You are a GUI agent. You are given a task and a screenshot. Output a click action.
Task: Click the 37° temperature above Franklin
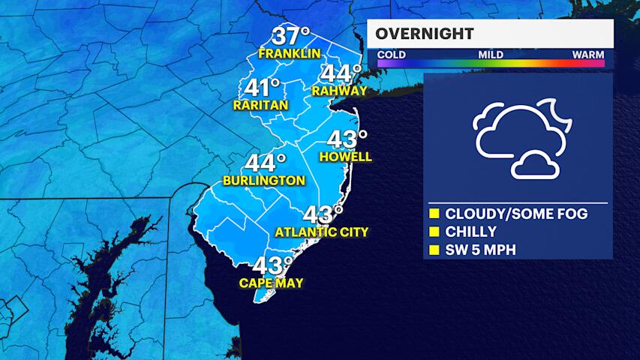(290, 36)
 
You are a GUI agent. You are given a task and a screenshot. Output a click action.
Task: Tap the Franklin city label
(290, 53)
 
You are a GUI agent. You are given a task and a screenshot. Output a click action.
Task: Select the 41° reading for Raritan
(261, 88)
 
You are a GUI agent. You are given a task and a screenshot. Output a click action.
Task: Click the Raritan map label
(260, 106)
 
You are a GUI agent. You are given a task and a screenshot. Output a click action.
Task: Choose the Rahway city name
(340, 91)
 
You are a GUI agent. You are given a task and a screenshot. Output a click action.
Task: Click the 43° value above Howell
(347, 139)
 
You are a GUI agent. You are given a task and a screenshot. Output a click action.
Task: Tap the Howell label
(345, 157)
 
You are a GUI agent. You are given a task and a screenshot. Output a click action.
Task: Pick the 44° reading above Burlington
(264, 163)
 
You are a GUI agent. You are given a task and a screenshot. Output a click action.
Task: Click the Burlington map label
(264, 181)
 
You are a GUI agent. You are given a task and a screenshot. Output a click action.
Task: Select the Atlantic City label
(322, 232)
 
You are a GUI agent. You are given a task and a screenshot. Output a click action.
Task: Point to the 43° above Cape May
(272, 265)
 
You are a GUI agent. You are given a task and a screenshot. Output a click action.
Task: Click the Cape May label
(272, 283)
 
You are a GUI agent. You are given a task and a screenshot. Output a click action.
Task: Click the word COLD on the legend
(392, 55)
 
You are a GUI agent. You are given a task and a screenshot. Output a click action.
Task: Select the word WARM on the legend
(588, 55)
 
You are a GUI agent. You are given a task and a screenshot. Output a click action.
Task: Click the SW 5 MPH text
(481, 250)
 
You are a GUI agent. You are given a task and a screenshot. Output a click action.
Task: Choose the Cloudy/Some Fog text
(516, 214)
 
